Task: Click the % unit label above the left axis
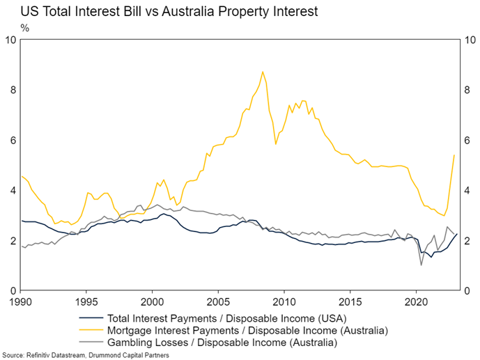[25, 28]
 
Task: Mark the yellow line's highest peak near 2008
[263, 72]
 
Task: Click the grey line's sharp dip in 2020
[421, 265]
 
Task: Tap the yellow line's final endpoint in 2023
[454, 155]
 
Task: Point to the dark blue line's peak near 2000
[162, 214]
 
